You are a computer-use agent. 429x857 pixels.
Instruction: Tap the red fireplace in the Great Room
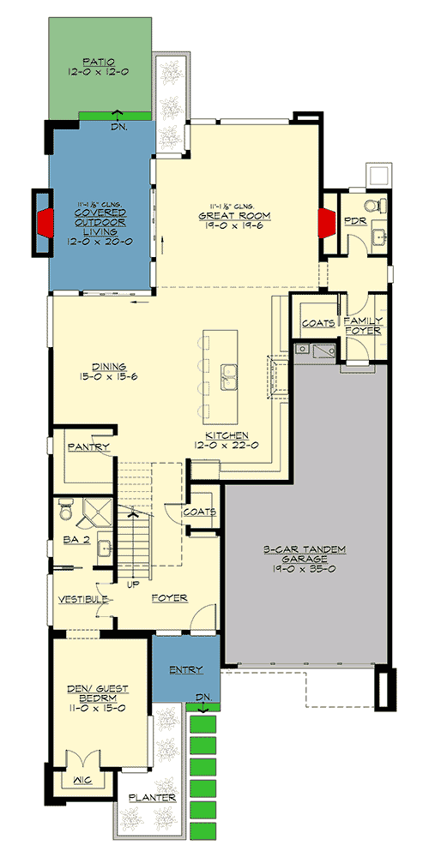pos(325,221)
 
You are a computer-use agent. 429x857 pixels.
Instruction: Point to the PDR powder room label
pos(355,221)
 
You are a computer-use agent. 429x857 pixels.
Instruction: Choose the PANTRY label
pos(84,447)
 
